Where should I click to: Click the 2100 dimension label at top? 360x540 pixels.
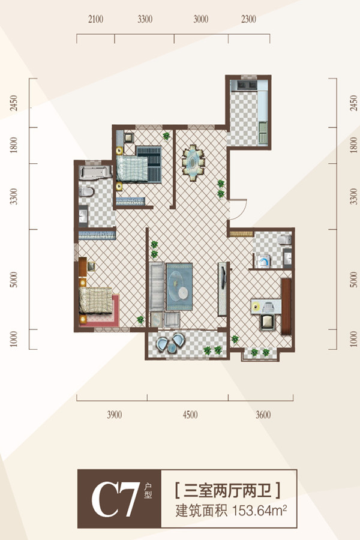pos(95,19)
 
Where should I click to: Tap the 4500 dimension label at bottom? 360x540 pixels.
pos(190,415)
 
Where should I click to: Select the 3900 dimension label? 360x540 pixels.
pos(114,415)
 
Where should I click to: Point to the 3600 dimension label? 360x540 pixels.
pos(263,415)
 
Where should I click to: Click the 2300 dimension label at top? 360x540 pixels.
pos(248,19)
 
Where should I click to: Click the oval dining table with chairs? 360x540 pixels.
pos(193,162)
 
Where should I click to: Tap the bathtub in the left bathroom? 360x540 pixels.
pos(95,172)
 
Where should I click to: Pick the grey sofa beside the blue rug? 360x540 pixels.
pos(157,287)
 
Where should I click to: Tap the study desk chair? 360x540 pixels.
pos(267,322)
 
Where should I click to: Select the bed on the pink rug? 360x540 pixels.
pos(96,301)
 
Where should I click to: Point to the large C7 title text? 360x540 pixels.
pos(115,499)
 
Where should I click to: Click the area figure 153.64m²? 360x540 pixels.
pos(260,511)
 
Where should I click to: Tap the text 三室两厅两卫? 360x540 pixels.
pos(227,490)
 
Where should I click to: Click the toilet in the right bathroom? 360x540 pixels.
pos(285,239)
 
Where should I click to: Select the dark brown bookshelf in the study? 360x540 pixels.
pos(286,307)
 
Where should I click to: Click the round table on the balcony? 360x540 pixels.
pos(172,348)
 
